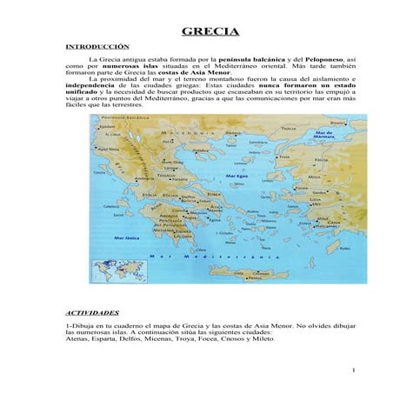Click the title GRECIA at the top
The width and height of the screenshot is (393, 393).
(210, 33)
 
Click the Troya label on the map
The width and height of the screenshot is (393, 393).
(283, 157)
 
